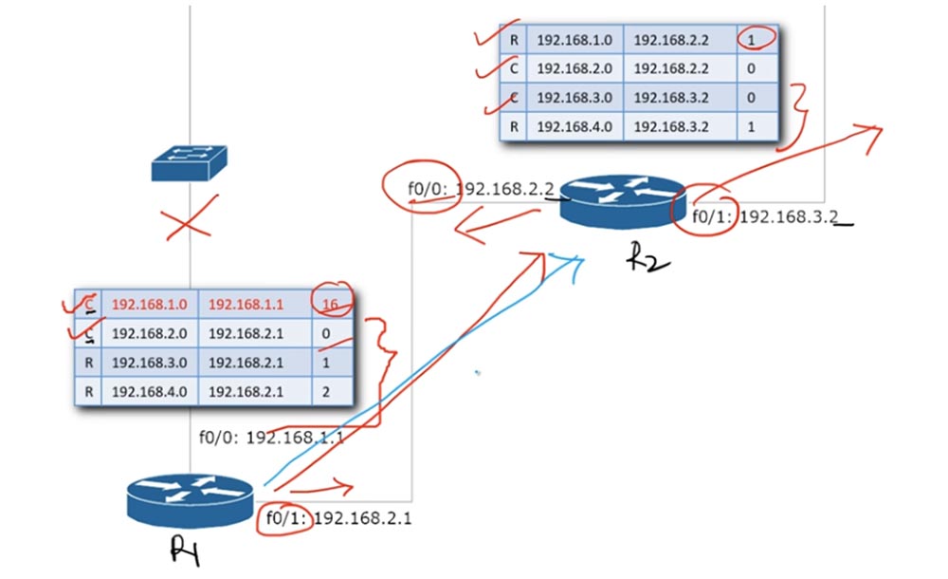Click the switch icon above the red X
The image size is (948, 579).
tap(190, 163)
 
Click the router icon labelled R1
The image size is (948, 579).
tap(190, 500)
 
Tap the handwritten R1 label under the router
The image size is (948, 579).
tap(186, 550)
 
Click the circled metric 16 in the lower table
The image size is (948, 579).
tap(333, 304)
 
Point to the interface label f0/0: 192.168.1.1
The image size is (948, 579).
tap(271, 437)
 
